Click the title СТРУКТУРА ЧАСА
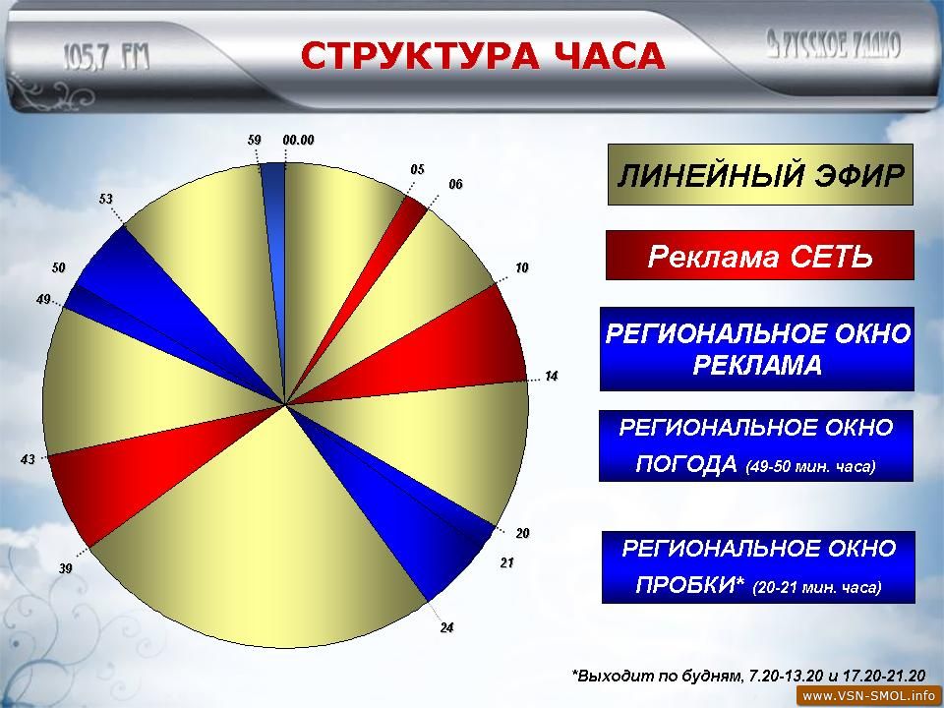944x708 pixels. (x=482, y=56)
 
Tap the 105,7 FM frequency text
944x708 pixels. (x=106, y=58)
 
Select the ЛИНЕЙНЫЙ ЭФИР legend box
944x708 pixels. (x=760, y=175)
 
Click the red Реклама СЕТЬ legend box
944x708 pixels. (x=760, y=256)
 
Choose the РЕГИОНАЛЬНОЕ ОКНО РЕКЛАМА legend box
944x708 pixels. (x=757, y=349)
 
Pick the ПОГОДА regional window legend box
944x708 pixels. (x=756, y=445)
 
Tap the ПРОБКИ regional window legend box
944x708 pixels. (x=758, y=566)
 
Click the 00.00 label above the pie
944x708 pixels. (x=299, y=141)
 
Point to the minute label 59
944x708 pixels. (x=255, y=141)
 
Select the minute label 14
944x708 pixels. (x=552, y=377)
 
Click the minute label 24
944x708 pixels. (x=446, y=628)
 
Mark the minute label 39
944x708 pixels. (x=66, y=568)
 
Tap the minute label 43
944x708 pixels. (x=28, y=460)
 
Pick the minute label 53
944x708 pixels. (x=106, y=199)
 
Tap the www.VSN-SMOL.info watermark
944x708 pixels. (x=869, y=696)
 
